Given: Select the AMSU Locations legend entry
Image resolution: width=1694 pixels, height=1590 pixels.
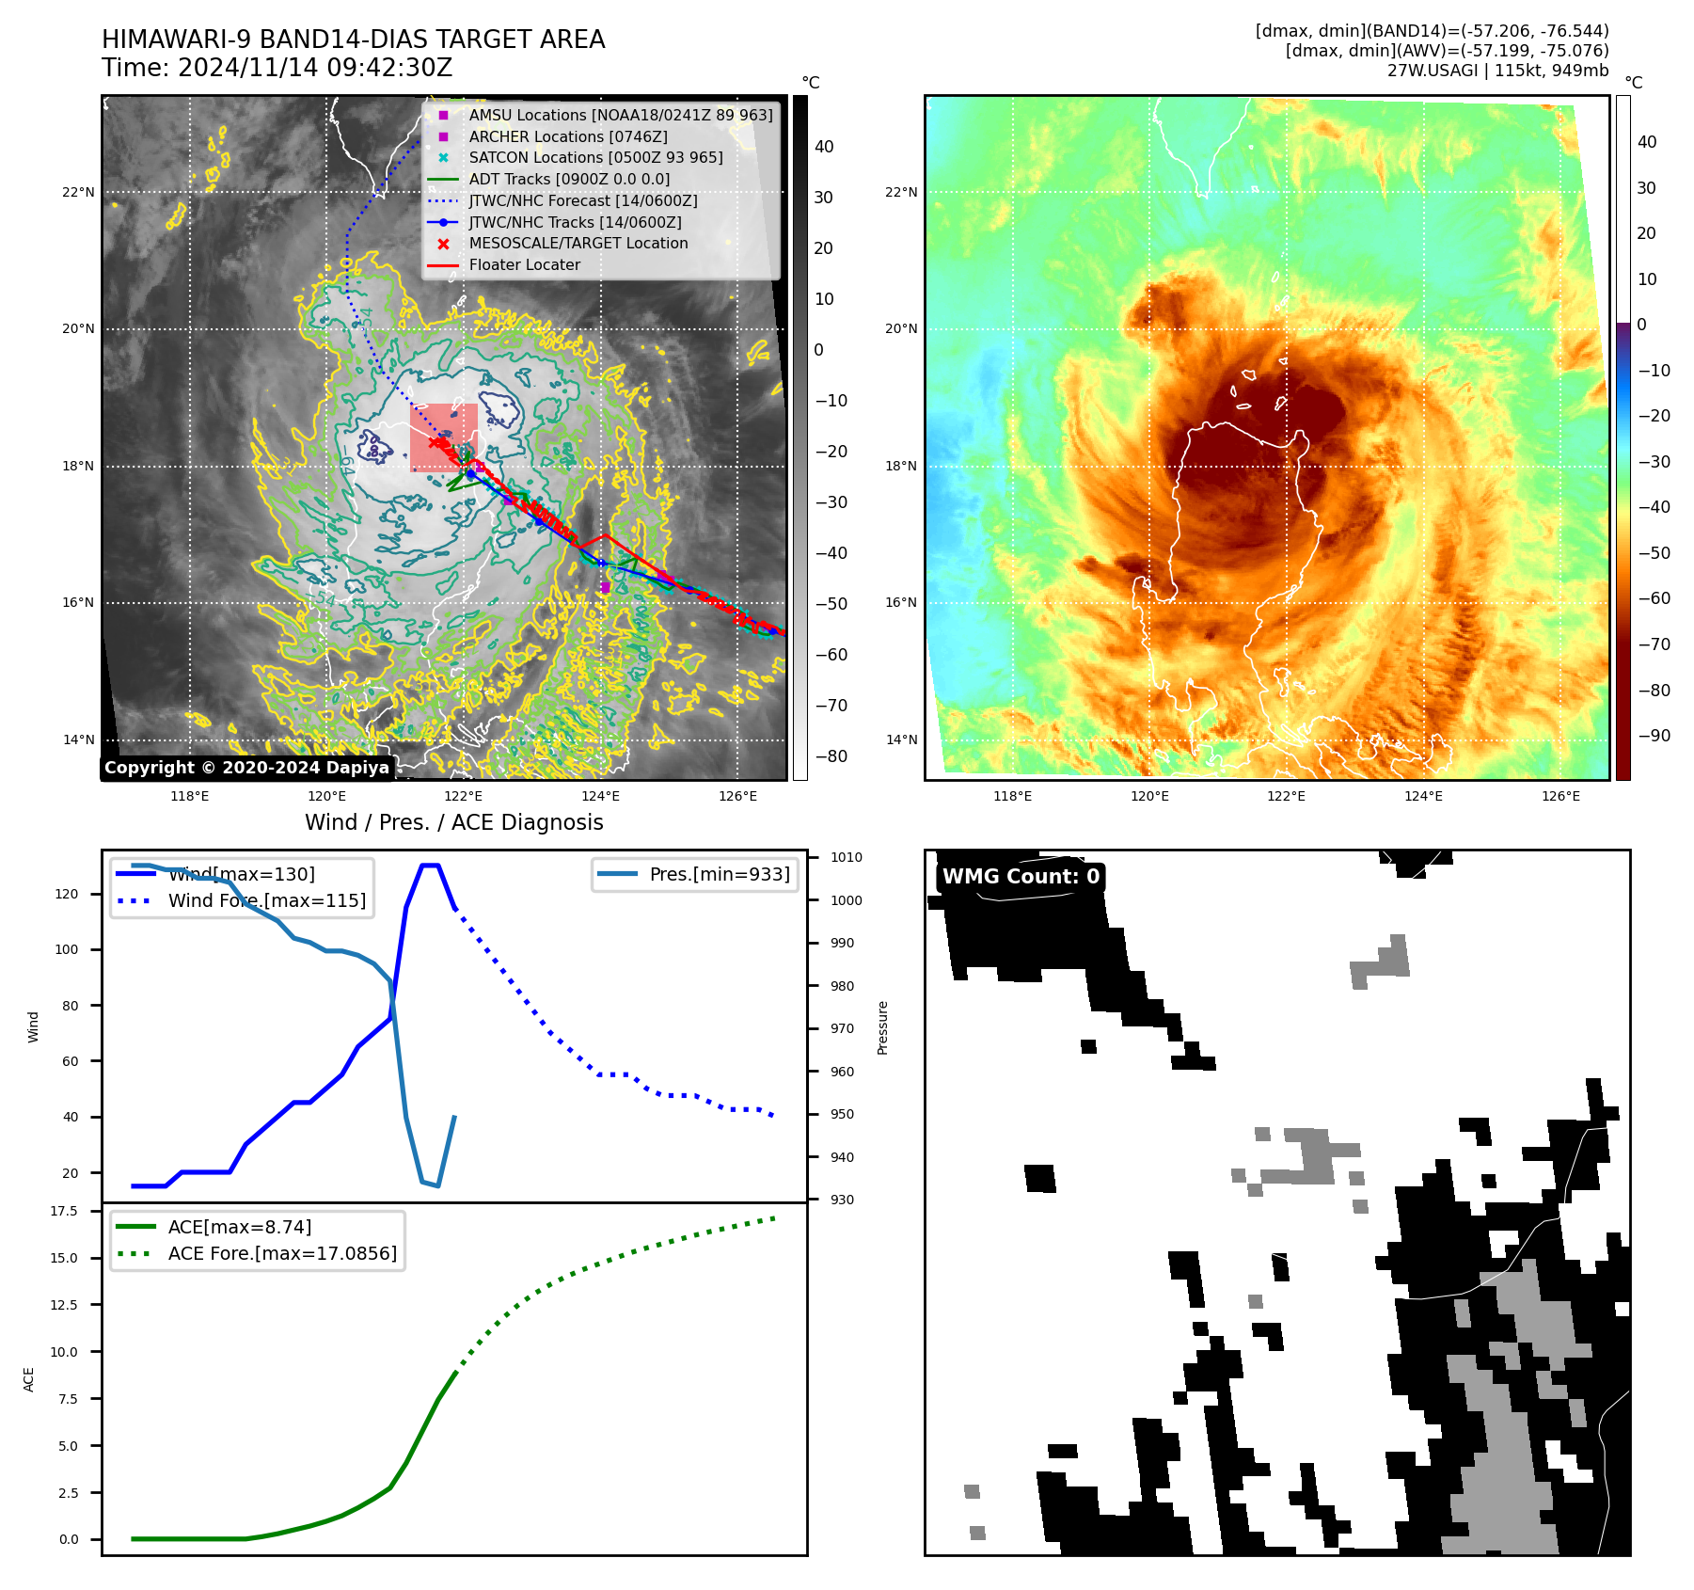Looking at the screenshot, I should pyautogui.click(x=620, y=115).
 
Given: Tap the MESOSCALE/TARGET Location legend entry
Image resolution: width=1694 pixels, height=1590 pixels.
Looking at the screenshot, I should pyautogui.click(x=578, y=243).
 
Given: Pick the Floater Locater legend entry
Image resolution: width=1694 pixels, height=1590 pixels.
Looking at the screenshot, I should pyautogui.click(x=524, y=264).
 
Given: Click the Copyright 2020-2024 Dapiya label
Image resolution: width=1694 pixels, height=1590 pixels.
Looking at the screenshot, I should pyautogui.click(x=246, y=768).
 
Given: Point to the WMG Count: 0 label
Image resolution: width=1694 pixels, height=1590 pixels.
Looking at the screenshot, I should pyautogui.click(x=1021, y=877).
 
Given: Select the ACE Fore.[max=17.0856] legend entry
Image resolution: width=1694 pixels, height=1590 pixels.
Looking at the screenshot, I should pyautogui.click(x=281, y=1253).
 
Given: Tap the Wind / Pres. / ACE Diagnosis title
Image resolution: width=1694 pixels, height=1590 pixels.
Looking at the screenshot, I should pyautogui.click(x=454, y=822).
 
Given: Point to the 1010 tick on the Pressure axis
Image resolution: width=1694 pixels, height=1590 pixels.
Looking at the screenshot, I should pyautogui.click(x=846, y=857).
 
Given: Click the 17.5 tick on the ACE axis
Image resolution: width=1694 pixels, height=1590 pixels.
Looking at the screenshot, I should pyautogui.click(x=64, y=1211).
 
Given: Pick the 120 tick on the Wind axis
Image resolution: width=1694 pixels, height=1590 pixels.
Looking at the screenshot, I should pyautogui.click(x=67, y=894).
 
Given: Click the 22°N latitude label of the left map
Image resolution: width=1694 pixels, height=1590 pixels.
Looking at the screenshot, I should pyautogui.click(x=78, y=192).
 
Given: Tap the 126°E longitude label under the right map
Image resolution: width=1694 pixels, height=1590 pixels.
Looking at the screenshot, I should pyautogui.click(x=1560, y=796).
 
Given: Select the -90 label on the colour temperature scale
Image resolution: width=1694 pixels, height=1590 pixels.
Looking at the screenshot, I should pyautogui.click(x=1654, y=736).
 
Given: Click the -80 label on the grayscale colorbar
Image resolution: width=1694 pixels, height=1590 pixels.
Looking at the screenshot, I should pyautogui.click(x=831, y=756).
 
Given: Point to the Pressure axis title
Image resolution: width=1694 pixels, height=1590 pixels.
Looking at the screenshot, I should pyautogui.click(x=882, y=1027).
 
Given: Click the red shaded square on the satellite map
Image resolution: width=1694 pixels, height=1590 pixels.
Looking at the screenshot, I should pyautogui.click(x=443, y=437).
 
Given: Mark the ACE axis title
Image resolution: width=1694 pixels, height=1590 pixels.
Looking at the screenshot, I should pyautogui.click(x=28, y=1379).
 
